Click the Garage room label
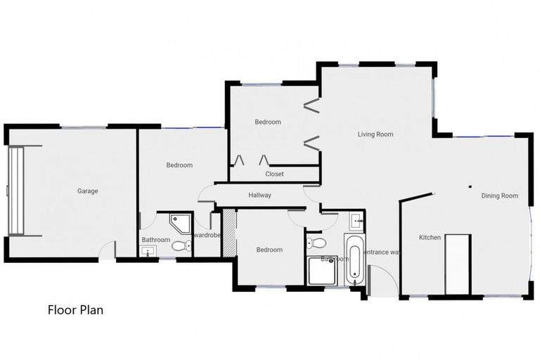88,191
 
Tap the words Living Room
375,134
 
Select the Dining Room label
499,195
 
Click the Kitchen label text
430,238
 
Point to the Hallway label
259,195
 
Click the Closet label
274,174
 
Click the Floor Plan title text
75,309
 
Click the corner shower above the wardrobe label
179,224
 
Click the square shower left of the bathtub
322,270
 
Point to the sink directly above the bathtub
356,221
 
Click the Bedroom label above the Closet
267,122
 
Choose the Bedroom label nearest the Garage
179,165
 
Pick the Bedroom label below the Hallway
269,250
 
